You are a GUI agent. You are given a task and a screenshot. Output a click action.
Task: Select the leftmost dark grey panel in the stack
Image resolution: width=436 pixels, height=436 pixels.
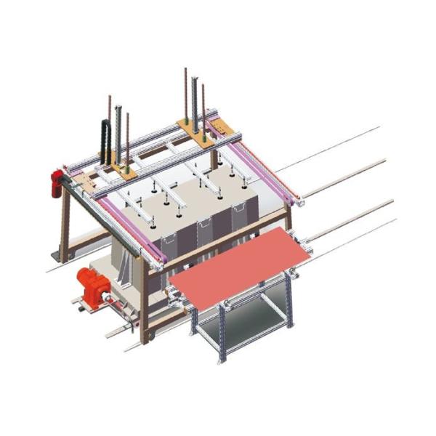[x=169, y=247]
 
